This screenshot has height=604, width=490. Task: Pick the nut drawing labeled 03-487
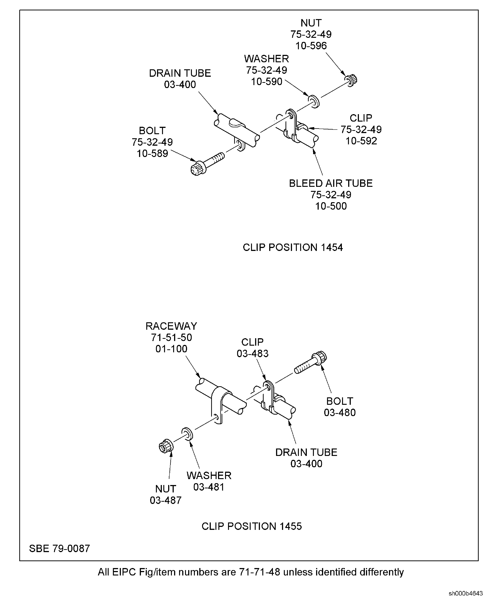[x=166, y=446]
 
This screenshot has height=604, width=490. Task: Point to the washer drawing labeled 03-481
[x=187, y=434]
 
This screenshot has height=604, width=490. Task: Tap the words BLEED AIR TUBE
[x=331, y=183]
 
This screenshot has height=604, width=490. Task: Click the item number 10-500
[x=331, y=206]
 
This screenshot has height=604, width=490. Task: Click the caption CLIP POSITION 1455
[x=252, y=526]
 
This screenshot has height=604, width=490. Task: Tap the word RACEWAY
[x=171, y=326]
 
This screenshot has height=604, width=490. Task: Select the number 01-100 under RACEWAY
[x=171, y=349]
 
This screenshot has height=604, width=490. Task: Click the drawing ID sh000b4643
[x=466, y=593]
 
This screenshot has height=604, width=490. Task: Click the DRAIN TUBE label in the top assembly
[x=180, y=73]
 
